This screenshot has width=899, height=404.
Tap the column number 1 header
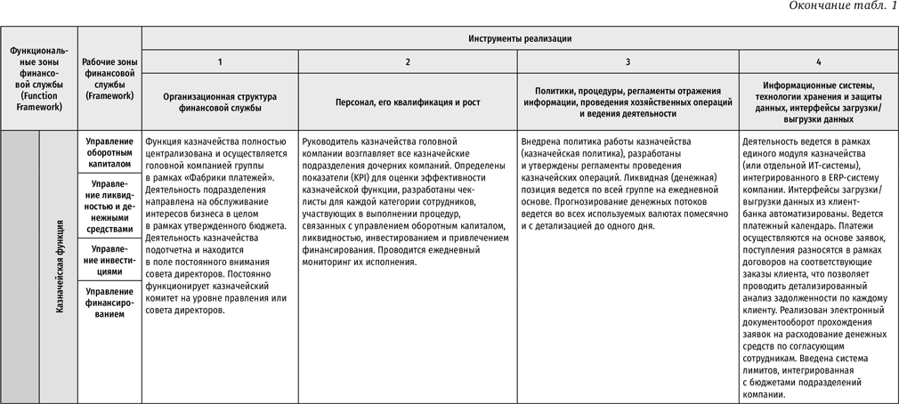tap(220, 61)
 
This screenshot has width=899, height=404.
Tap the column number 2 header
tap(408, 61)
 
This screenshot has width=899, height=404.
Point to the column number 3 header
tap(628, 61)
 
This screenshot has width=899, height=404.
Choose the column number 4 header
tap(818, 61)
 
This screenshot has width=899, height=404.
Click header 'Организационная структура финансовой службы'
tap(220, 101)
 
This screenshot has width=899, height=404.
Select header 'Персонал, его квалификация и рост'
tap(408, 102)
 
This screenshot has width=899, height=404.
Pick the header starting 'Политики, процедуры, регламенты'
tap(628, 101)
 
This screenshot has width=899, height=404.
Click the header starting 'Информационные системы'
tap(818, 101)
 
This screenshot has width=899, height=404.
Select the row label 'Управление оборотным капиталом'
tap(110, 152)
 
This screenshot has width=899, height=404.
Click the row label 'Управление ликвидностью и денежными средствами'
tap(110, 206)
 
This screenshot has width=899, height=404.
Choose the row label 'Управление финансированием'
tap(110, 302)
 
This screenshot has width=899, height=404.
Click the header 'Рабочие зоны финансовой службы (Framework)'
tap(110, 78)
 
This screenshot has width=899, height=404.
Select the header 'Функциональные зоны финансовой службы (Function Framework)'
tap(39, 78)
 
